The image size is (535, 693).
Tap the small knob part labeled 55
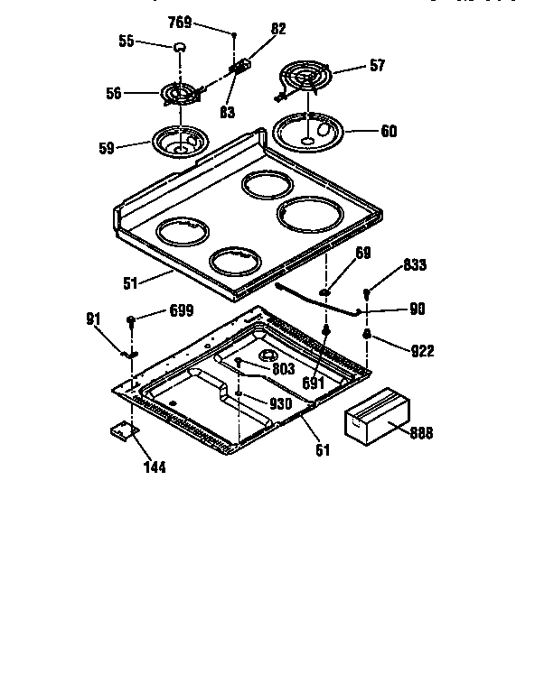pyautogui.click(x=180, y=47)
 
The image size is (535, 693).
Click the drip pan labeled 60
pyautogui.click(x=311, y=131)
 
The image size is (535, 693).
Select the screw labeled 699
pyautogui.click(x=132, y=320)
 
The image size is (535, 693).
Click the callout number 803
pyautogui.click(x=284, y=370)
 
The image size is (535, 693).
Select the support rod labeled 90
pyautogui.click(x=316, y=300)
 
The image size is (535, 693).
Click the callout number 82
pyautogui.click(x=277, y=29)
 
